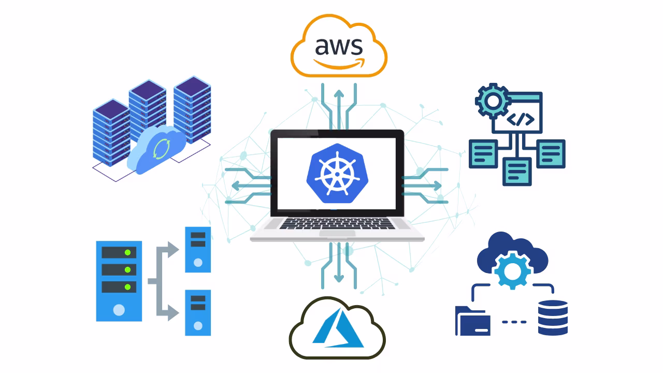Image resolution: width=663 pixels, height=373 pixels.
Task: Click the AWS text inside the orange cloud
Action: [339, 46]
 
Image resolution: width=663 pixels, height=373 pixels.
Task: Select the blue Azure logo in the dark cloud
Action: [338, 328]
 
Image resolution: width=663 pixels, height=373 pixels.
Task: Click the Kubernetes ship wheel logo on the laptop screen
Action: [337, 173]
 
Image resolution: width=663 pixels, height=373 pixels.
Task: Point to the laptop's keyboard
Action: [337, 223]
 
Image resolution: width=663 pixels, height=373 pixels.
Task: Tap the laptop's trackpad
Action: [337, 234]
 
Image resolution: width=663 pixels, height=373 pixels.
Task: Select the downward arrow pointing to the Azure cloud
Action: [339, 267]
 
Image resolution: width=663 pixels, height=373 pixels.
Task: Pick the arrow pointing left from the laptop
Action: [243, 185]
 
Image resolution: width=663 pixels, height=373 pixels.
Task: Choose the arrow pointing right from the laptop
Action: [430, 185]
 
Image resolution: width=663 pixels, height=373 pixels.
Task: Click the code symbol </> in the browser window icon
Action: [520, 120]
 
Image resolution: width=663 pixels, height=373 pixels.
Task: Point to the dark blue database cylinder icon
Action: [553, 318]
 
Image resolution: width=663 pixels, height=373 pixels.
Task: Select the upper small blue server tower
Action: [198, 249]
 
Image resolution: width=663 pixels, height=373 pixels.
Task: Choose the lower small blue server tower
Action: [198, 312]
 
